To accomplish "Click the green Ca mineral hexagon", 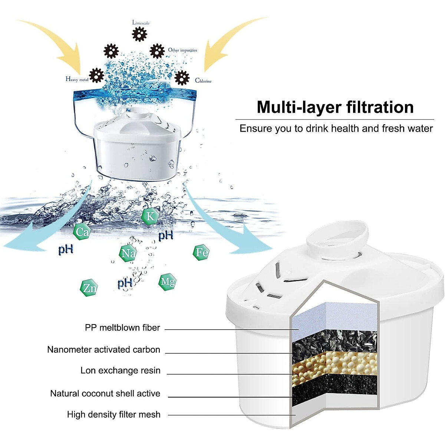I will coord(82,232).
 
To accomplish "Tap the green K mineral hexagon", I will coord(150,216).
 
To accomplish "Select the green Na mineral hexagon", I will coord(128,253).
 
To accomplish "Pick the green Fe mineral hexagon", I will coord(201,253).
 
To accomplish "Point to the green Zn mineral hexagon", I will coord(89,288).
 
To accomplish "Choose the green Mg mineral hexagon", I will coord(167,282).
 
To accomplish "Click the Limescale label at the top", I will coord(141,23).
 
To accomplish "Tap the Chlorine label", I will coord(203,80).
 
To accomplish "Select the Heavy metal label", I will coord(77,79).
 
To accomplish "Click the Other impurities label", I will coord(182,50).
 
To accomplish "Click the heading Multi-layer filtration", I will coord(335,107).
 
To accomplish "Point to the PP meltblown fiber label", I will coord(122,328).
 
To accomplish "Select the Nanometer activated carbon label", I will coord(103,350).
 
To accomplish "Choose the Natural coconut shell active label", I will coord(105,393).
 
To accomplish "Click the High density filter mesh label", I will coord(113,415).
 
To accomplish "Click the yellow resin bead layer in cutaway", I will coord(334,365).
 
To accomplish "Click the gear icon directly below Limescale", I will coord(139,34).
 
